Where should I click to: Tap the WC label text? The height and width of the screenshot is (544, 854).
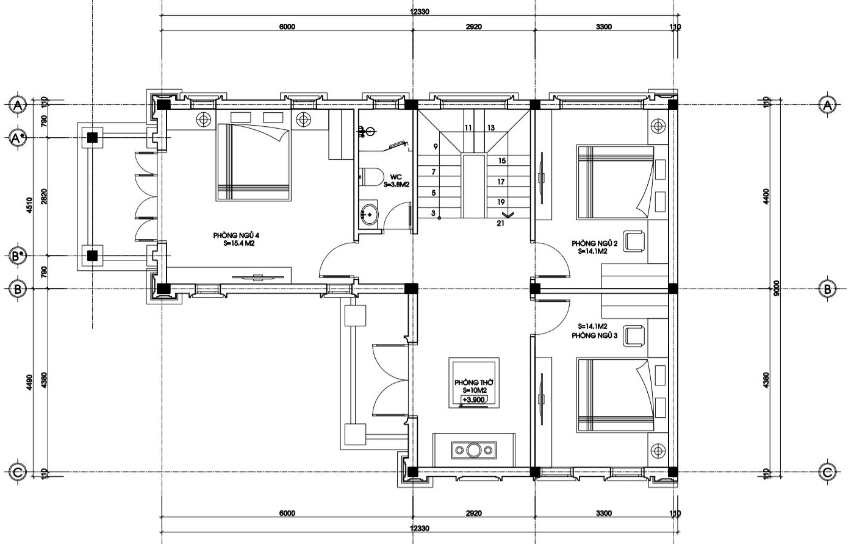click(x=396, y=177)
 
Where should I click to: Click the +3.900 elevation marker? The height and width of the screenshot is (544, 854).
click(x=473, y=399)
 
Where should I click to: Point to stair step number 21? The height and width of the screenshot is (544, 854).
click(x=501, y=223)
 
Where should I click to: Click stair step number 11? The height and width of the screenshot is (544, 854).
click(x=468, y=127)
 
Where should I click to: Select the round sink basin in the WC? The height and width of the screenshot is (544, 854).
click(x=368, y=214)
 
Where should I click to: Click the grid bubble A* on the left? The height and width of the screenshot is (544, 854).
click(x=18, y=138)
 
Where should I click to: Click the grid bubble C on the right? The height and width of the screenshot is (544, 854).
click(x=827, y=473)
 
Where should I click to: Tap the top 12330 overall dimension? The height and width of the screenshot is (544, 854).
click(x=420, y=12)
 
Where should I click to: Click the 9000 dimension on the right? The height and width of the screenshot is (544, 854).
click(x=777, y=288)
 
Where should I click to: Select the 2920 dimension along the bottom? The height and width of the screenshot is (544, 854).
click(x=473, y=513)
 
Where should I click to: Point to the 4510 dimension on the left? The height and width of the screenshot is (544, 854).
click(x=30, y=205)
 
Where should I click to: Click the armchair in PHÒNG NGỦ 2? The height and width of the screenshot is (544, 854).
click(x=634, y=241)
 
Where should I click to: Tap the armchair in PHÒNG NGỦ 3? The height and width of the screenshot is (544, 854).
click(x=634, y=336)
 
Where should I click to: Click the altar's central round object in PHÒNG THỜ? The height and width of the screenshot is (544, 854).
click(x=473, y=451)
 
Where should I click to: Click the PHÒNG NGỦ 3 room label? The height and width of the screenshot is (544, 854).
click(x=594, y=335)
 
